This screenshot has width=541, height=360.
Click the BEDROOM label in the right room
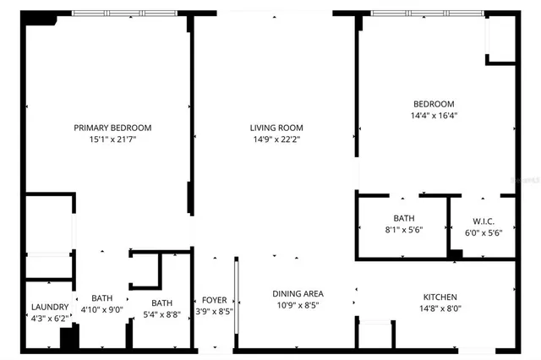point(434,104)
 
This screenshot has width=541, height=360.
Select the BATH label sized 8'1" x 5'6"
point(403,218)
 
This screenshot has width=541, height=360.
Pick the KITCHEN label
point(440,297)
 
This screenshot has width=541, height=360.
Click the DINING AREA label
point(298,294)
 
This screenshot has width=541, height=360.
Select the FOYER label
point(214,300)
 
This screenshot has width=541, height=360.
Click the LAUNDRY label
point(49,307)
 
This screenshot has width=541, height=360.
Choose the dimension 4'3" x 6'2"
point(49,318)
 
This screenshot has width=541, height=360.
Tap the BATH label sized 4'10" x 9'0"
point(102,298)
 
